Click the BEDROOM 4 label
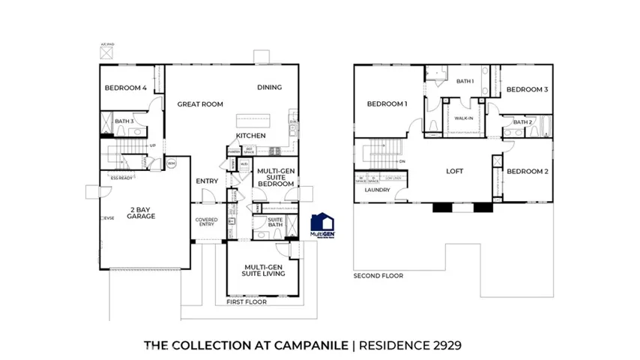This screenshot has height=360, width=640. [126, 88]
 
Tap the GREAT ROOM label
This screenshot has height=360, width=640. [200, 104]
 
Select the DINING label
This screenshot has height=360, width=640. [270, 87]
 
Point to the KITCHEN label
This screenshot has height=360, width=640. [251, 136]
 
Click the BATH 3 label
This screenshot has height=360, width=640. [124, 121]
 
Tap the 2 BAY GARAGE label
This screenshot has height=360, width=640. [141, 212]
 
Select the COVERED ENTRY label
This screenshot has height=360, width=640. [206, 222]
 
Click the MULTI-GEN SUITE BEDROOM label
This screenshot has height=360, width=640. [275, 177]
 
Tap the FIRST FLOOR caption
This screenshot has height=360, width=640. [248, 303]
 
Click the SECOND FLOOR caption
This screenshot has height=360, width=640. [378, 276]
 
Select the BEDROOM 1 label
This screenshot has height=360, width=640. [387, 104]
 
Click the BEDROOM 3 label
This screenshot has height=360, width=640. [528, 89]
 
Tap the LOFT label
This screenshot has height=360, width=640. [455, 171]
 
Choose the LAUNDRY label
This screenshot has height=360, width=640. [377, 190]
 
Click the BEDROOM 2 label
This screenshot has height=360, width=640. [528, 171]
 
